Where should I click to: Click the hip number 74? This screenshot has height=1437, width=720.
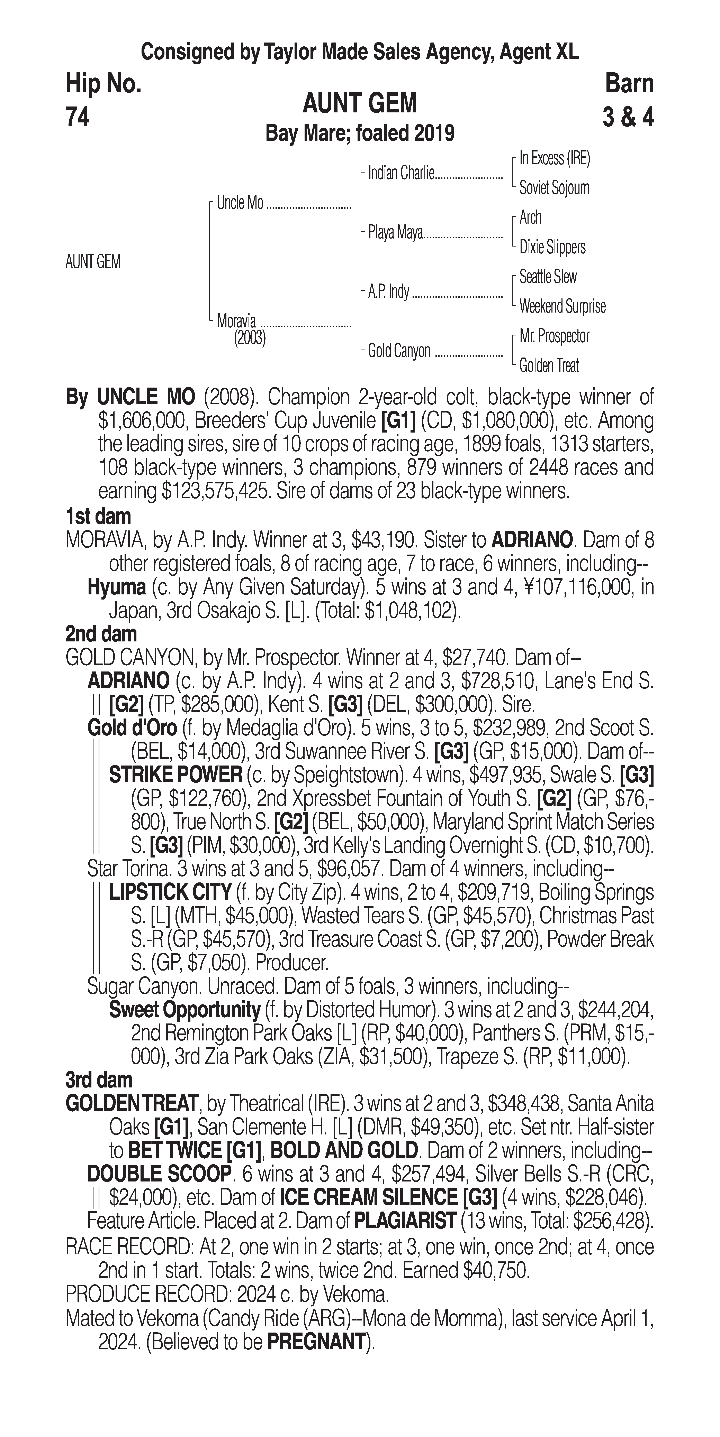pyautogui.click(x=78, y=117)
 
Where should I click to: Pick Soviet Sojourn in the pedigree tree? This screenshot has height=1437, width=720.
pyautogui.click(x=554, y=188)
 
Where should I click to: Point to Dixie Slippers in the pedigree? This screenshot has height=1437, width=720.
pyautogui.click(x=552, y=247)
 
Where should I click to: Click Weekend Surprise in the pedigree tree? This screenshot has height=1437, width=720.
pyautogui.click(x=562, y=306)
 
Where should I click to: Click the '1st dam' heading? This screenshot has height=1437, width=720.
pyautogui.click(x=98, y=517)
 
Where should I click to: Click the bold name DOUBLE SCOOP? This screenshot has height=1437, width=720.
pyautogui.click(x=159, y=1174)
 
